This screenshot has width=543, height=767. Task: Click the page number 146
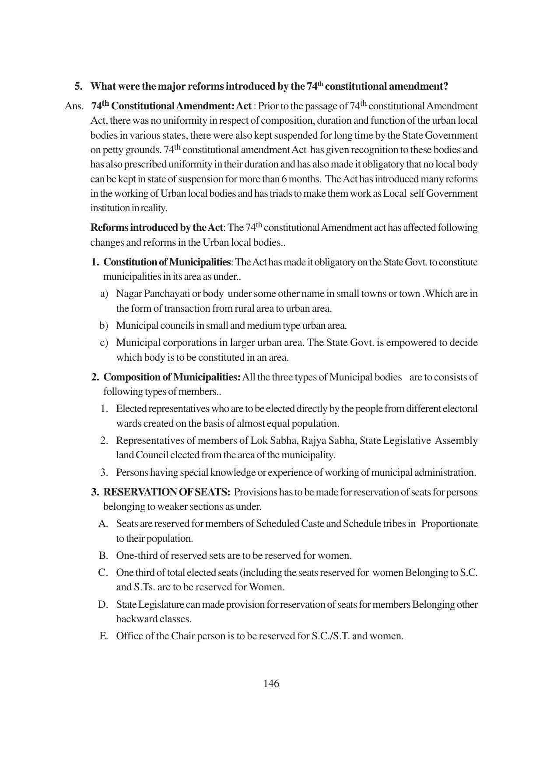pos(271,683)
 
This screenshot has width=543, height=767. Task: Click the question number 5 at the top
pos(78,86)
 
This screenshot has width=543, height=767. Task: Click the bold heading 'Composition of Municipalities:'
pos(172,377)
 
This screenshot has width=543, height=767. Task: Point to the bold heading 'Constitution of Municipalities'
pos(167,262)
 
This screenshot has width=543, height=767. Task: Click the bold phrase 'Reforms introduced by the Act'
pos(157,228)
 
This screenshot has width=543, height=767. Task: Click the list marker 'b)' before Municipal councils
pos(104,325)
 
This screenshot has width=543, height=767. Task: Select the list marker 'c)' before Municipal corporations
pos(104,342)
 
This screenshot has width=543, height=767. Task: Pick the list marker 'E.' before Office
pos(104,636)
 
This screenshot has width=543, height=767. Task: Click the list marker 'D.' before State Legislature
pos(103,604)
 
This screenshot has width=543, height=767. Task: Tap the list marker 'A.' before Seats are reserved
pos(103,523)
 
